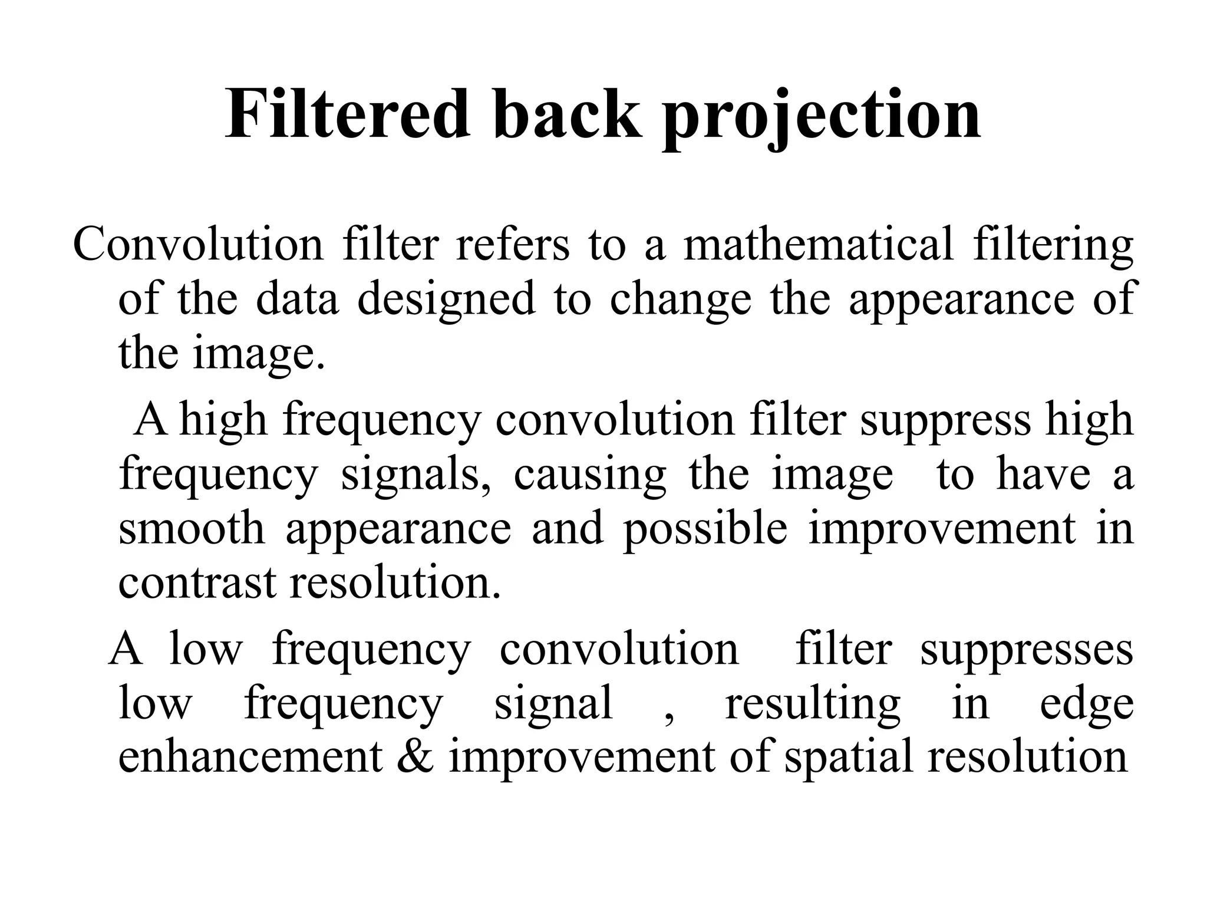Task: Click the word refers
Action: point(513,244)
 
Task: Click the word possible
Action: point(705,529)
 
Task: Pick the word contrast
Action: point(197,583)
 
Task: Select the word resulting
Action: point(813,705)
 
